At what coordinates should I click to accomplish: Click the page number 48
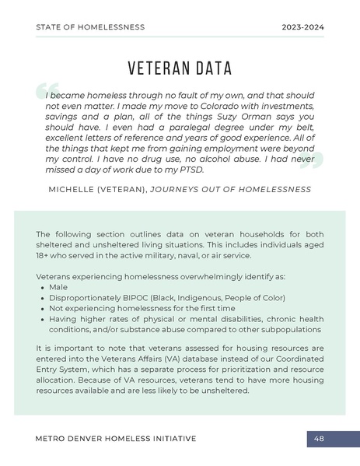click(319, 439)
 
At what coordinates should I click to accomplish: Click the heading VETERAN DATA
click(180, 68)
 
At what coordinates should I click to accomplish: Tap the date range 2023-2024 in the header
click(302, 27)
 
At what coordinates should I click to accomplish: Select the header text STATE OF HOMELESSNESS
click(90, 27)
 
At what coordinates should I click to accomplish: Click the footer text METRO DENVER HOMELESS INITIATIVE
click(116, 439)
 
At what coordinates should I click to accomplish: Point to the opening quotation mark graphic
click(45, 92)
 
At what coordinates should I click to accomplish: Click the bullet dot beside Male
click(42, 287)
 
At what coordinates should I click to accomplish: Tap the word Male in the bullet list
click(58, 287)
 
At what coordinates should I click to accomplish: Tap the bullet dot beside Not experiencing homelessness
click(42, 308)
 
